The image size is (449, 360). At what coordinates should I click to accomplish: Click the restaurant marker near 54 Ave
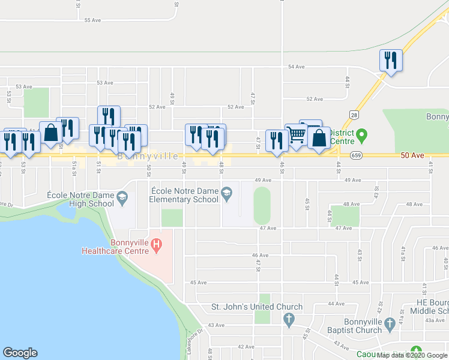tap(391, 61)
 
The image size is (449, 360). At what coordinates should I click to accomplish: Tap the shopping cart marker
tap(296, 136)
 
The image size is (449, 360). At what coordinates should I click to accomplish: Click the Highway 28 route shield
tap(355, 114)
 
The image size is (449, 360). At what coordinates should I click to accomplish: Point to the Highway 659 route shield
tap(357, 155)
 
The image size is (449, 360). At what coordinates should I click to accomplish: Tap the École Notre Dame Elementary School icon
tap(226, 193)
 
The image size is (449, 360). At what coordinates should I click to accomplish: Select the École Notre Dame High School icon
tap(122, 197)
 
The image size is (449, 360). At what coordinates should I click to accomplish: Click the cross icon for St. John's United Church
tap(289, 318)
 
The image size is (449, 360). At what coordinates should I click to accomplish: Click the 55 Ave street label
tap(92, 20)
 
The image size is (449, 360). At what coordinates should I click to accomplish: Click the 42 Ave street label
tap(246, 347)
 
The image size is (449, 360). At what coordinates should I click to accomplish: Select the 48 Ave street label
tap(414, 205)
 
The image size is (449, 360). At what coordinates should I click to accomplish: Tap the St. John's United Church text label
tap(256, 307)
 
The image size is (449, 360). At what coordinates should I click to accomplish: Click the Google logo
tap(20, 353)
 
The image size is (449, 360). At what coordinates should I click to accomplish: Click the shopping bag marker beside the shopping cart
tap(319, 138)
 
